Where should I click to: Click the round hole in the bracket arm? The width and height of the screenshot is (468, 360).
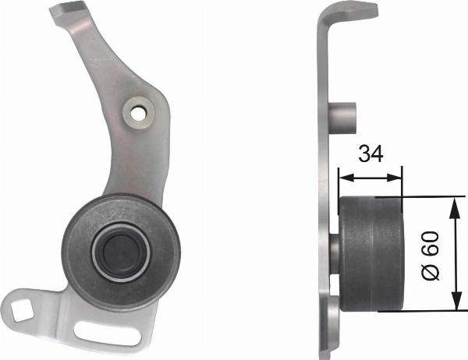(139, 112)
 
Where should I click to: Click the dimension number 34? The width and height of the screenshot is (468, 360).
(371, 154)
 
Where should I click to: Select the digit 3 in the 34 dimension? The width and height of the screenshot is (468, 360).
(364, 154)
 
